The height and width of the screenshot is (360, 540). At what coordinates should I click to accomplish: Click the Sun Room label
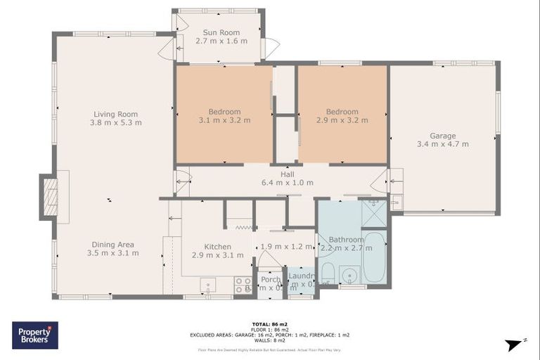tap(221, 32)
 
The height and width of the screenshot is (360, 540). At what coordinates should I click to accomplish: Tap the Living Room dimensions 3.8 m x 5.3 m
tap(115, 122)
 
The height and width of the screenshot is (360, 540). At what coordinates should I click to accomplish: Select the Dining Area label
tap(112, 244)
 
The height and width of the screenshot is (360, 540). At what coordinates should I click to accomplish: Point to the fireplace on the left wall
tap(50, 197)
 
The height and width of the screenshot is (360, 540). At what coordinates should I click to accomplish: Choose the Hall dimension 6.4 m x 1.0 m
tap(287, 183)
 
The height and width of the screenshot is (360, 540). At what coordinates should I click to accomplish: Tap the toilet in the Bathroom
tap(327, 272)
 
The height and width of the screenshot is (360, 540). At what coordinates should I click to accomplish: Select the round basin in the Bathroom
tap(347, 274)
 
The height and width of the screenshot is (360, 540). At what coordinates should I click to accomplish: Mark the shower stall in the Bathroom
tap(373, 214)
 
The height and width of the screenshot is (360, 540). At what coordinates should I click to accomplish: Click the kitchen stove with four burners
tap(243, 285)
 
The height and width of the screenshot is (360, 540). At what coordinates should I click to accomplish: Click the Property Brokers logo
tap(35, 335)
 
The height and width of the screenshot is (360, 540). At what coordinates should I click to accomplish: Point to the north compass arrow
tap(516, 344)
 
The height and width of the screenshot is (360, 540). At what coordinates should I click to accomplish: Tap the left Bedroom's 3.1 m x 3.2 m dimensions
tap(224, 120)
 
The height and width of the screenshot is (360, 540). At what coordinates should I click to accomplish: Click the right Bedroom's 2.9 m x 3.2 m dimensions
tap(342, 120)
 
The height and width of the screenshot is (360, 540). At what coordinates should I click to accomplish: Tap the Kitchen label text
tap(218, 246)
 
